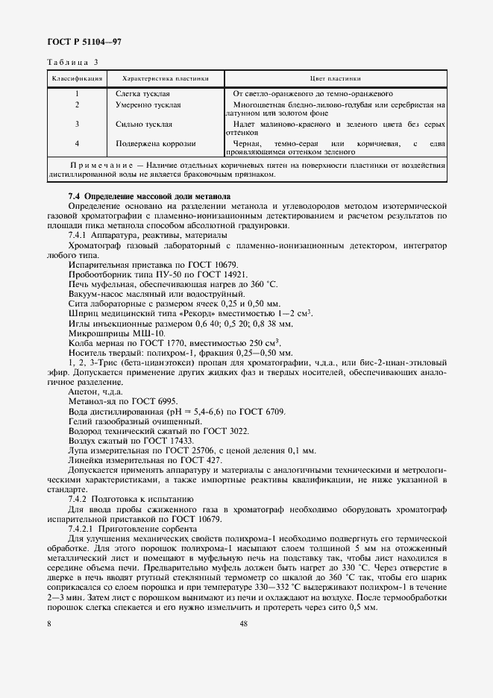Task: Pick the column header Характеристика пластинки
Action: (x=165, y=78)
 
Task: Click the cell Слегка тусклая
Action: (x=142, y=95)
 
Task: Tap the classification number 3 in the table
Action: (x=77, y=124)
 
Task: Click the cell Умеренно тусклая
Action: (x=148, y=105)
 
